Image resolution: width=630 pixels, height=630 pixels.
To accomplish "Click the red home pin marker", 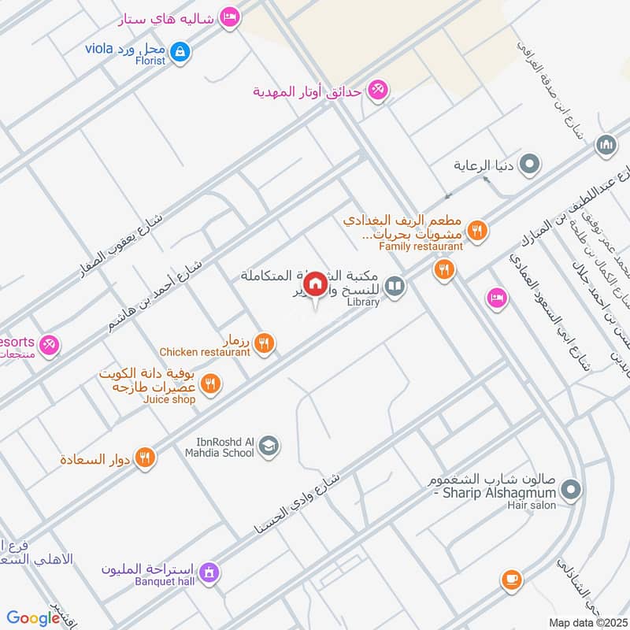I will [314, 284].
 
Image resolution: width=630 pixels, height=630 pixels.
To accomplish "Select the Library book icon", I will [395, 287].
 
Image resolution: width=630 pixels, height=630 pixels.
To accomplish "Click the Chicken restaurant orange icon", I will [265, 343].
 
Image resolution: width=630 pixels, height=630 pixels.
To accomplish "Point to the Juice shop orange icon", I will [210, 384].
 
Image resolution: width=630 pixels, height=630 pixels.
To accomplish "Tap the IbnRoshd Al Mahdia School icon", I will [269, 446].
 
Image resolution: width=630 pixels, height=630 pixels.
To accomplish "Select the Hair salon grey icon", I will [573, 491].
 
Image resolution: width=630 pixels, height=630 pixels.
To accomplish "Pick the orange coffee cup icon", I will [511, 580].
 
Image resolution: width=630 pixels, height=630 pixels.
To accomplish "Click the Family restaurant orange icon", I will [476, 231].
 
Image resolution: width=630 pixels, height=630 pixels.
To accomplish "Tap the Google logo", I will [34, 618].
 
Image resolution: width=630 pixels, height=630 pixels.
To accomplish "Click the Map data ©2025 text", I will [587, 622].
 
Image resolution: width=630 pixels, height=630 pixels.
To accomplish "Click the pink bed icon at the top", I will [229, 17].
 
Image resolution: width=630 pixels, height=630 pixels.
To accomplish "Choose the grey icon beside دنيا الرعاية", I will [531, 165].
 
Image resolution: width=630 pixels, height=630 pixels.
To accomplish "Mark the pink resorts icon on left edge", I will [50, 344].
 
